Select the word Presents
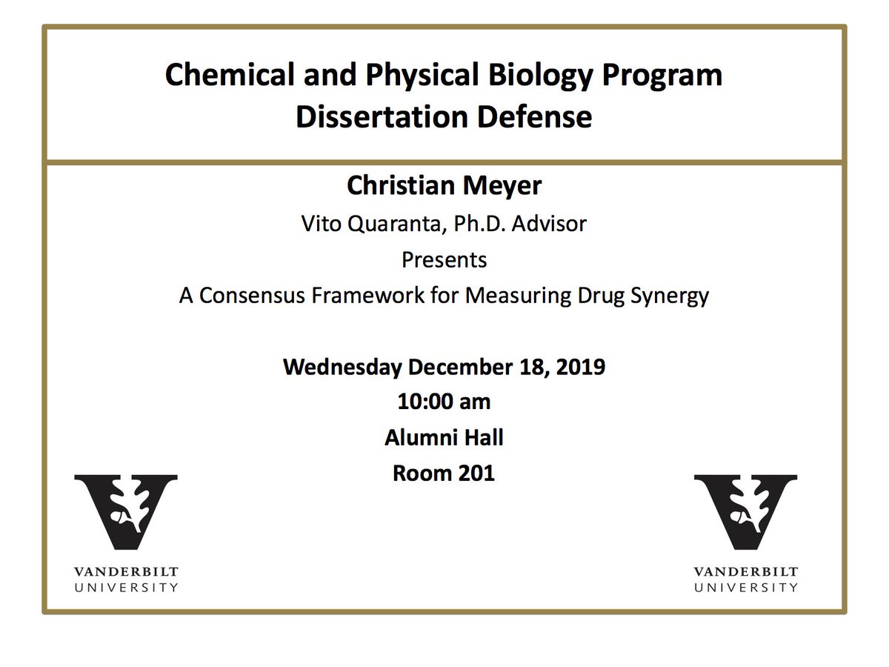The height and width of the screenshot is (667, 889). [x=444, y=259]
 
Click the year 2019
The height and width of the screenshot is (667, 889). [x=576, y=366]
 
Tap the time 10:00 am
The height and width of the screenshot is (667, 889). [x=444, y=402]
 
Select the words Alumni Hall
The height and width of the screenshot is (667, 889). [x=444, y=437]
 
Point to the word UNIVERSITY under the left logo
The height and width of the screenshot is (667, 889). [x=126, y=587]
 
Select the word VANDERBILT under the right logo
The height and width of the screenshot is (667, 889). [x=745, y=572]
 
